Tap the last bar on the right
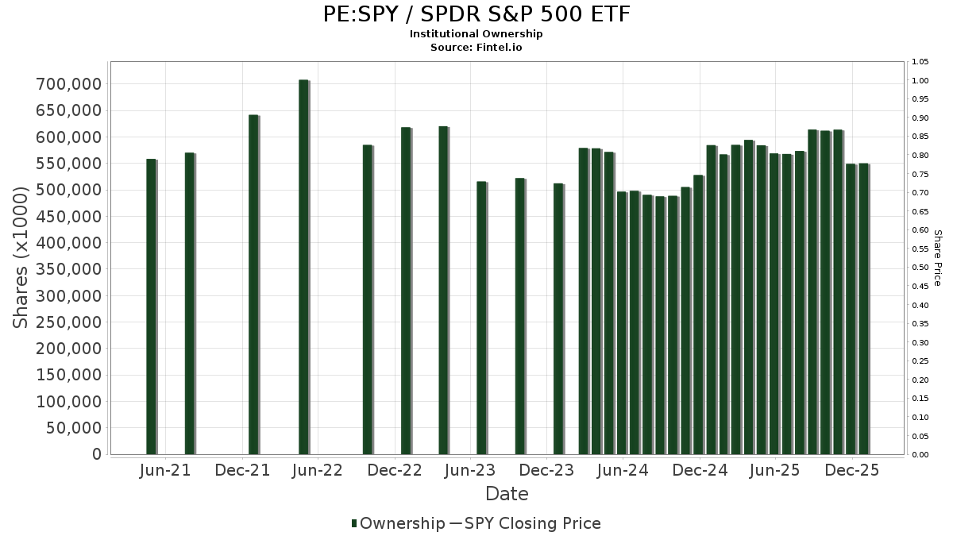(x=863, y=309)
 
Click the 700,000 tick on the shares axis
(x=70, y=84)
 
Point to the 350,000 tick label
(x=70, y=269)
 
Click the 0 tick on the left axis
(x=97, y=454)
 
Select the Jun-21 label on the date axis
(x=165, y=471)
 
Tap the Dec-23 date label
(x=547, y=471)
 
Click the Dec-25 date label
(x=852, y=471)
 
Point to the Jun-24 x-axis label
(x=623, y=471)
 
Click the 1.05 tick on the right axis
(x=921, y=62)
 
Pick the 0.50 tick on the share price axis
(x=921, y=268)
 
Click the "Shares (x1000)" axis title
(x=22, y=257)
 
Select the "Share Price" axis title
(x=937, y=257)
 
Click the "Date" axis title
(x=507, y=494)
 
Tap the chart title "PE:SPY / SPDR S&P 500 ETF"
(x=476, y=14)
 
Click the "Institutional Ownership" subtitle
(x=476, y=34)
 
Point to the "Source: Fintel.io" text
(x=476, y=48)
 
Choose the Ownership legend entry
(x=398, y=523)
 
